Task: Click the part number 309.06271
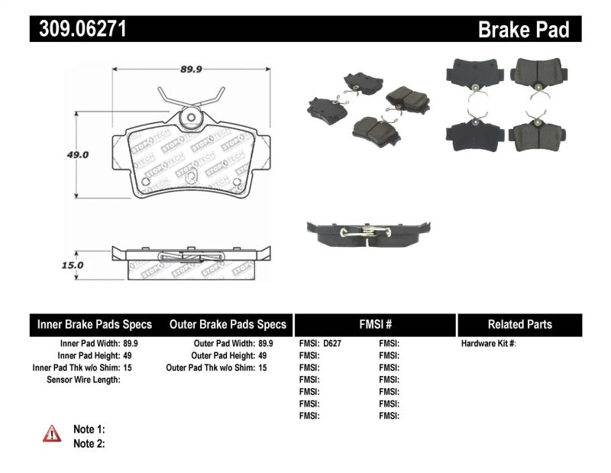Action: tap(79, 30)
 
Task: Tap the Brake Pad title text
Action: tap(524, 30)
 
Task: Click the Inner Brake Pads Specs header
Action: tap(95, 324)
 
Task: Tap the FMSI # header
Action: tap(374, 324)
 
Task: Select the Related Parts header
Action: tap(519, 324)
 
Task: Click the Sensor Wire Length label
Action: tap(83, 380)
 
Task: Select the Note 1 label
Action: tap(89, 429)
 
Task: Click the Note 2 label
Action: tap(89, 443)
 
